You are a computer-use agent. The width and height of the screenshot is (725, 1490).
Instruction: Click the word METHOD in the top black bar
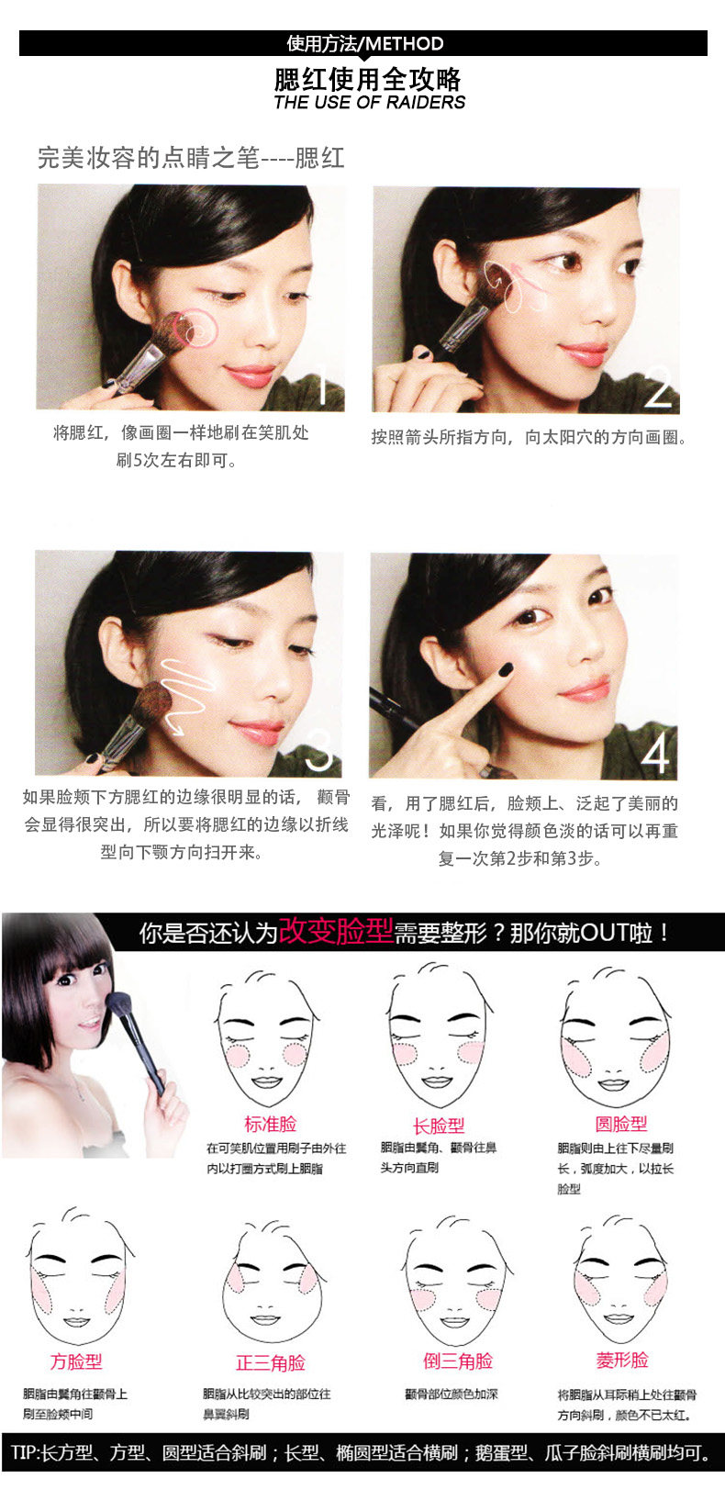click(x=405, y=44)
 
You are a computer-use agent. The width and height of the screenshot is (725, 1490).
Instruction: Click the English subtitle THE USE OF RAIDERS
click(x=369, y=103)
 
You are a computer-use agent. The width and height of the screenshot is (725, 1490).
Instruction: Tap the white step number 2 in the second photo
click(x=658, y=387)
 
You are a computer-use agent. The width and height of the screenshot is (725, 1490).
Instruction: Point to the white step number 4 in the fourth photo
click(x=655, y=755)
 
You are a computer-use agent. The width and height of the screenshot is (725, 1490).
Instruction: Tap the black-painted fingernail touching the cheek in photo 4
click(x=506, y=669)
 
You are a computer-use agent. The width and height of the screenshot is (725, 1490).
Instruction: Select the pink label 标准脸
click(x=270, y=1124)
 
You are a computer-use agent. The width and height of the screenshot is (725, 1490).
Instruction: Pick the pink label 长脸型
click(x=438, y=1126)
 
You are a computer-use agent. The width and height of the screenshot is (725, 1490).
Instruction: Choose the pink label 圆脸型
click(x=620, y=1124)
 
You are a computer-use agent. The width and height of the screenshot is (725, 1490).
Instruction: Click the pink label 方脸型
click(x=76, y=1361)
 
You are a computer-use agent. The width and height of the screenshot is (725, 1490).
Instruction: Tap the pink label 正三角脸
click(x=270, y=1363)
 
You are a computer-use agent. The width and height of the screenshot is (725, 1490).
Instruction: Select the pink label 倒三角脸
click(x=458, y=1361)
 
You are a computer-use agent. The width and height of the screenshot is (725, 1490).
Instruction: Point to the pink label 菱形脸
click(x=622, y=1360)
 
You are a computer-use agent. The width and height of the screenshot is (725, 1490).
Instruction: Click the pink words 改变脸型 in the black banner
click(x=335, y=930)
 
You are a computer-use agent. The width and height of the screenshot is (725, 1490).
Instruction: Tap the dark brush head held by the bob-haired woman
click(x=117, y=1003)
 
